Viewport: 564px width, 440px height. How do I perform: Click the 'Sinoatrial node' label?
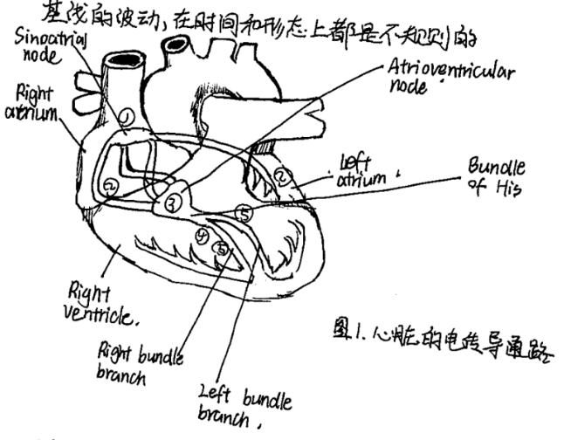coord(38,43)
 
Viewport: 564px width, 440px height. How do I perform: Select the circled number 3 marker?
coord(171,203)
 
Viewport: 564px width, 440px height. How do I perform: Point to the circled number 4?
coord(203,237)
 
